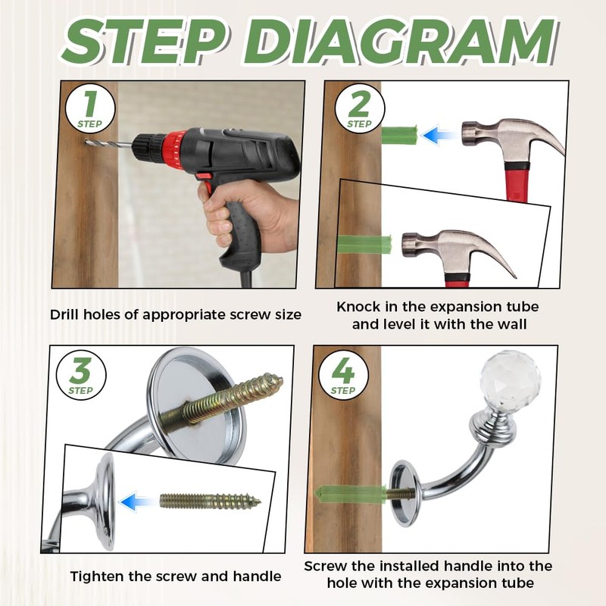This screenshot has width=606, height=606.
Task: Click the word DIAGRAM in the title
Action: click(399, 41)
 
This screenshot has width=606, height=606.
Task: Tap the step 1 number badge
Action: click(90, 108)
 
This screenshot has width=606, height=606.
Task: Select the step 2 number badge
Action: click(359, 108)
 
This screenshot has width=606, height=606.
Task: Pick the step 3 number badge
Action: click(81, 375)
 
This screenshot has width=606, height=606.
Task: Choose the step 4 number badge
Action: click(343, 375)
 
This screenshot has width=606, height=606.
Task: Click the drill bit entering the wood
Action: click(109, 144)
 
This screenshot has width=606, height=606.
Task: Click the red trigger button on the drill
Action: click(203, 176)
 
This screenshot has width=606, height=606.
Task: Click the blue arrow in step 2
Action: click(438, 136)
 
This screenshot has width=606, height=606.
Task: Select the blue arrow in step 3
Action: click(137, 502)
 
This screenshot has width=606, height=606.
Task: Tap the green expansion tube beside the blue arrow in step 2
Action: click(400, 135)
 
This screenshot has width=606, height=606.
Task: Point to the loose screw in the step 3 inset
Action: click(211, 501)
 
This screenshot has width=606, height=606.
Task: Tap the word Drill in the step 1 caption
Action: click(64, 314)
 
